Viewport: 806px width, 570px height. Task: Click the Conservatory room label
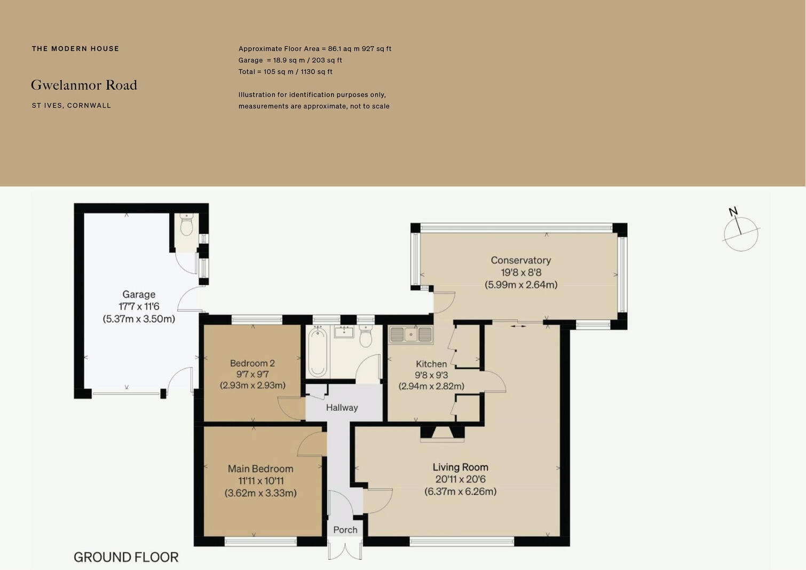coord(520,260)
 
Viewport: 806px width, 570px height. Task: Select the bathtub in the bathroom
coord(318,352)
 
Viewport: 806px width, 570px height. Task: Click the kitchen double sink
coord(410,334)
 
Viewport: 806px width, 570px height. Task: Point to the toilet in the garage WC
coord(186,226)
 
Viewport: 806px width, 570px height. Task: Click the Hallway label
coord(342,408)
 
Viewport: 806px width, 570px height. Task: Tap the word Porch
coord(345,530)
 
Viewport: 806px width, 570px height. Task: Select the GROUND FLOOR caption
coord(126,557)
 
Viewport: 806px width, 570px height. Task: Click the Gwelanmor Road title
coord(84,85)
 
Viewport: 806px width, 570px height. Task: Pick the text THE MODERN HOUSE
coord(75,49)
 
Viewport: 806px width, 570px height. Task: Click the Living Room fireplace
coord(442,433)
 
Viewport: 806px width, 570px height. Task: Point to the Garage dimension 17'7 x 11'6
coord(139,307)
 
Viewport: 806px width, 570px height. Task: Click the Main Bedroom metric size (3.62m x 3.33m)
coord(260,493)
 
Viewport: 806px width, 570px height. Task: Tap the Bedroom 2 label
coord(252,363)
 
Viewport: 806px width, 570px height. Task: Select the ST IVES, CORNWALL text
coord(72,106)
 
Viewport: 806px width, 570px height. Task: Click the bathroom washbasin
coord(344,332)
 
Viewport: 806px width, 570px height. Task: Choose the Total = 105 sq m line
coord(285,72)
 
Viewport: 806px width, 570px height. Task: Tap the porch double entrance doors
coord(345,550)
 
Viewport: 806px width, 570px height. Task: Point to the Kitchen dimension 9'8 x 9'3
coord(431,375)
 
